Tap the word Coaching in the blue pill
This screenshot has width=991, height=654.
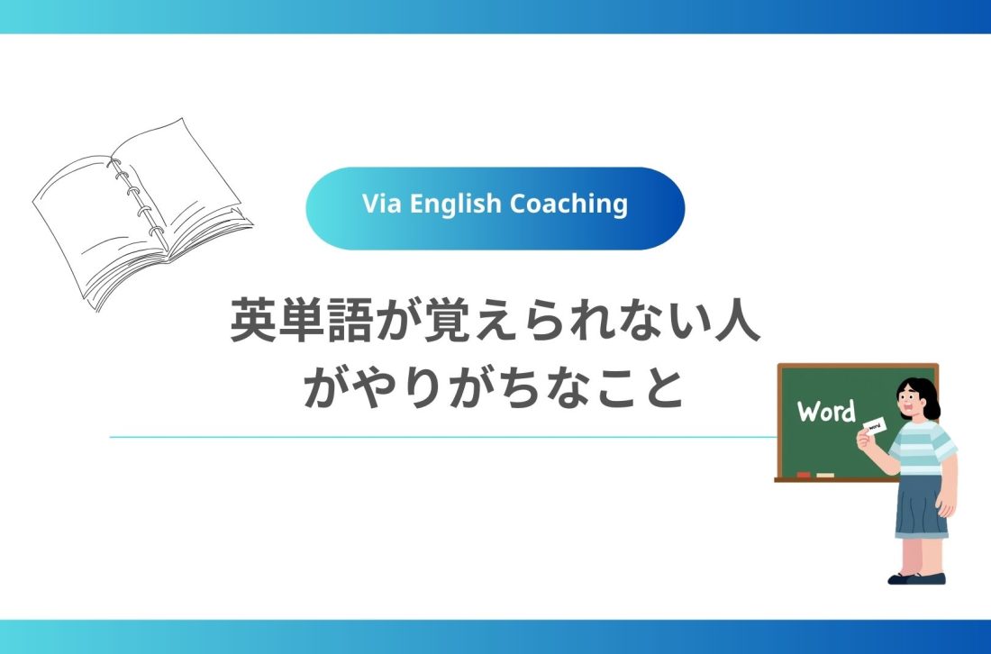click(568, 204)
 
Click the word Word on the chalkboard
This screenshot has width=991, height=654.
click(826, 412)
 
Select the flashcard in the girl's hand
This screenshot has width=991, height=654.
click(876, 425)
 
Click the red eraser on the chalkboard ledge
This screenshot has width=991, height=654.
click(804, 474)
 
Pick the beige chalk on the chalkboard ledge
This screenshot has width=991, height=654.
click(824, 474)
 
